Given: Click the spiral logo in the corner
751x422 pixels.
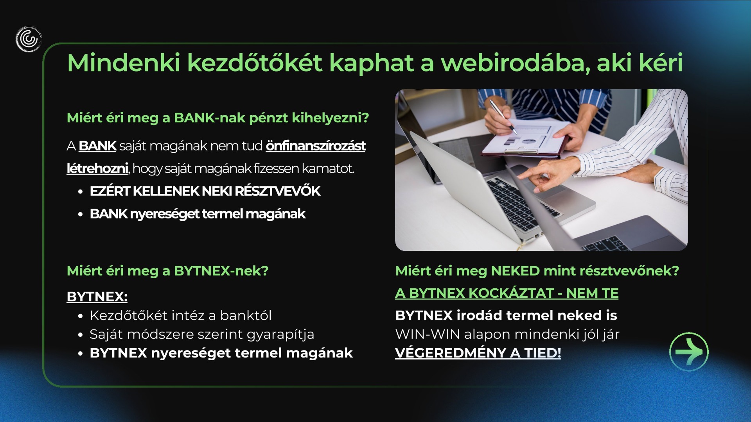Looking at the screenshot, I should pos(29,39).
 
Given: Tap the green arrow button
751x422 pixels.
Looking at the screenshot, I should pos(689,352).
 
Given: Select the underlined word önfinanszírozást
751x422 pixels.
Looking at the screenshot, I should pos(316,146).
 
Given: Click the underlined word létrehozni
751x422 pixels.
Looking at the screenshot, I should pos(97,168).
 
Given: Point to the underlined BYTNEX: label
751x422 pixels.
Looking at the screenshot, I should pos(97,297).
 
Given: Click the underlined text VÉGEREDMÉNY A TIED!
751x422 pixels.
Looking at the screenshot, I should pos(478,353).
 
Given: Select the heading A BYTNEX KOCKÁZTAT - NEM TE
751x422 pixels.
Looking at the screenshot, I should pos(507,293).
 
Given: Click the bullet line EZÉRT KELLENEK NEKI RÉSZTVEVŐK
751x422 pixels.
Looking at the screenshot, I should pos(205,191).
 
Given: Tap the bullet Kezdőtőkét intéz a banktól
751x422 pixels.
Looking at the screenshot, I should pos(180,315).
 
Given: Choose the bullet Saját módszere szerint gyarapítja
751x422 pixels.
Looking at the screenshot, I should pos(202,334).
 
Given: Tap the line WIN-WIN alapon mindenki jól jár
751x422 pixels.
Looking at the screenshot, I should pos(507,334).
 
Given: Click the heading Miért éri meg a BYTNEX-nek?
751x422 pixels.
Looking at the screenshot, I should pos(167,271).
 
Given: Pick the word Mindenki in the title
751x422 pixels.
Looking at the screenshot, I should pos(124,63).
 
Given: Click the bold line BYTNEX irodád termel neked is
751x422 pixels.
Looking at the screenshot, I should pos(506,315).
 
